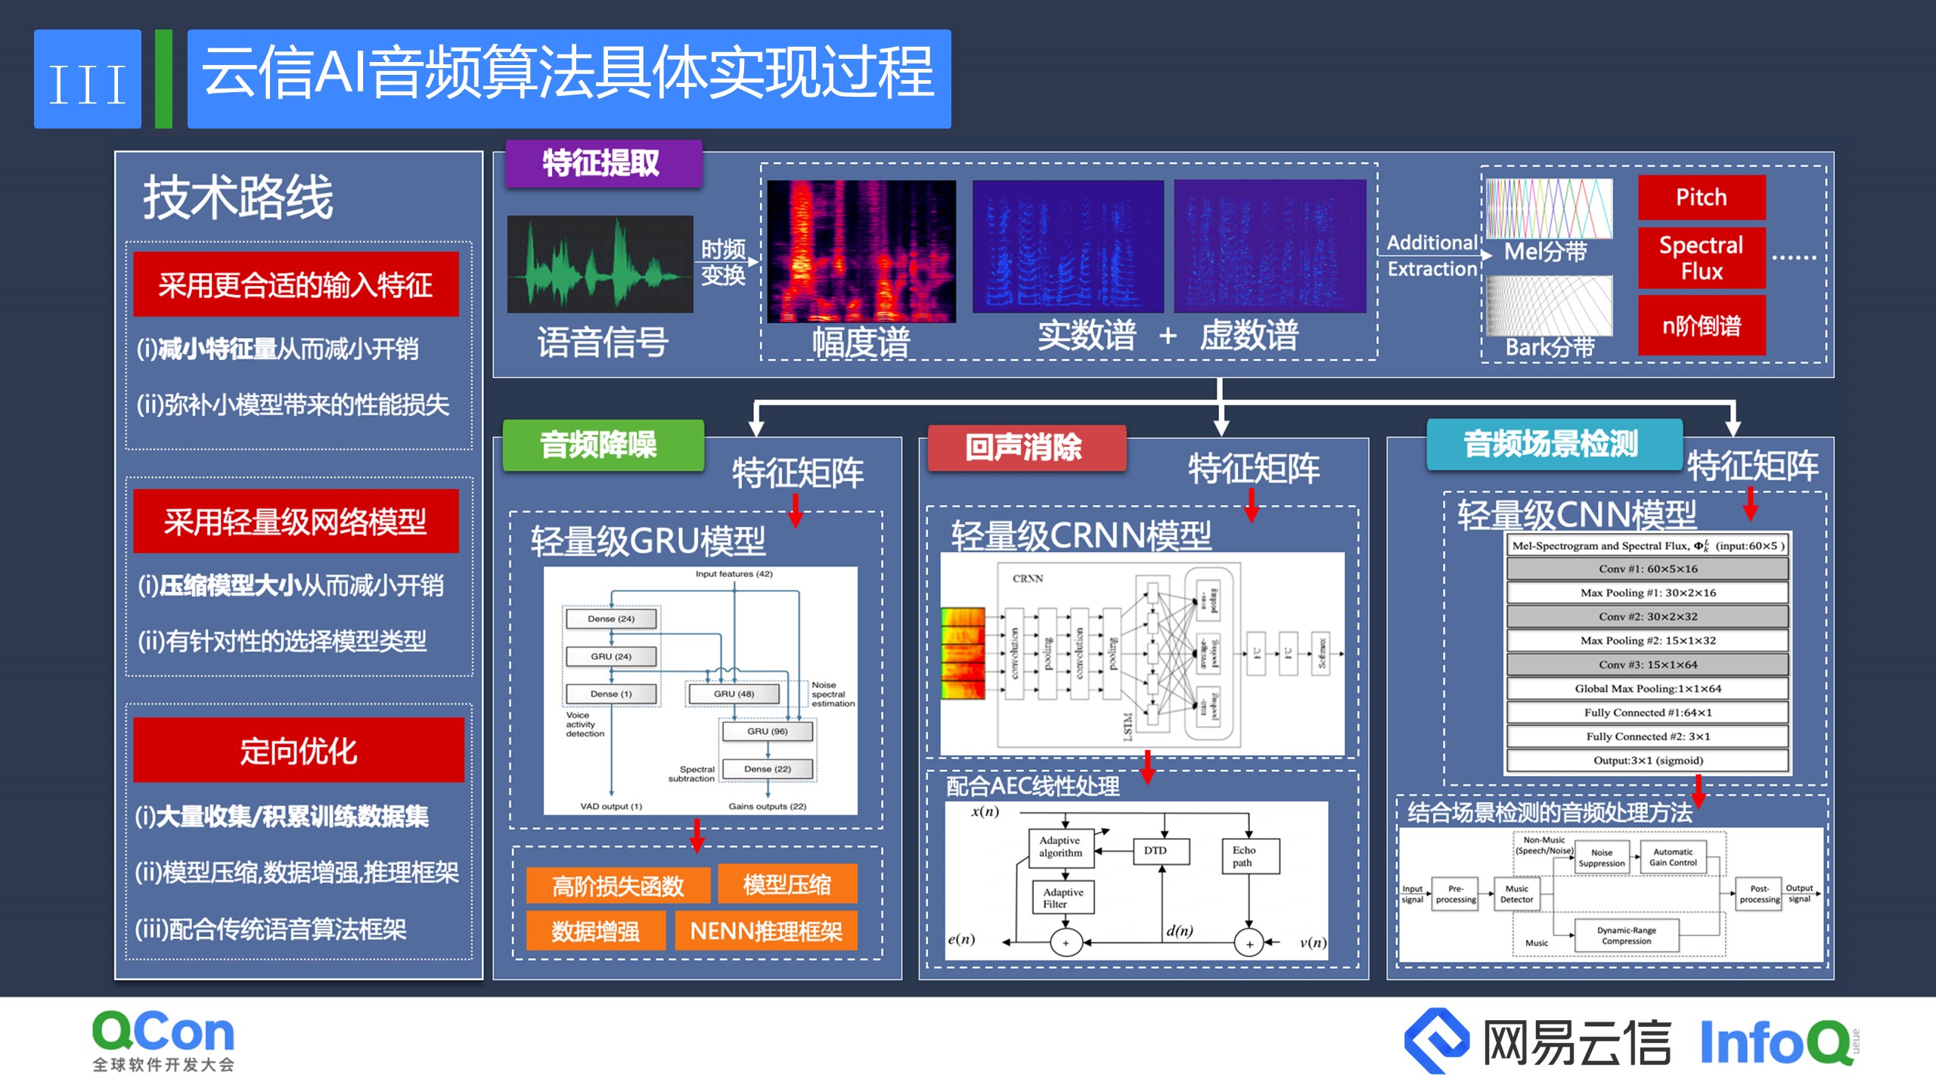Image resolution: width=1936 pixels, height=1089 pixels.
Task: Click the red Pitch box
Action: pos(1701,197)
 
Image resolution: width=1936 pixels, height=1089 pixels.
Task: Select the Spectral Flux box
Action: pos(1701,258)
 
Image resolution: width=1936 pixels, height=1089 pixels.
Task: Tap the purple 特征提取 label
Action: pos(602,163)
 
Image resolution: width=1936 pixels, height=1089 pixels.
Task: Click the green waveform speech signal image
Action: pos(600,264)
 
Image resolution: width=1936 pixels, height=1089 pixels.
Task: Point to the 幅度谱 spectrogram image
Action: pos(861,251)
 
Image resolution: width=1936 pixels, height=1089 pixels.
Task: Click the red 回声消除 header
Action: pos(1025,447)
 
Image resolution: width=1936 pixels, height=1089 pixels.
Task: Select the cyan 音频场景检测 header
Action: pos(1553,444)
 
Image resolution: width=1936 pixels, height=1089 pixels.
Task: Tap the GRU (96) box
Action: pos(767,731)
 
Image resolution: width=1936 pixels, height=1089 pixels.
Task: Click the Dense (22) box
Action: pos(767,769)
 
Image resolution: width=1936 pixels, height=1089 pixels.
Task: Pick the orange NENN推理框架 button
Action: pos(766,931)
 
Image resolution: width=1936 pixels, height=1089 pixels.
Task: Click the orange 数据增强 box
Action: pos(595,931)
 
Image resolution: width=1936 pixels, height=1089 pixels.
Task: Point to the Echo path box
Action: pos(1249,856)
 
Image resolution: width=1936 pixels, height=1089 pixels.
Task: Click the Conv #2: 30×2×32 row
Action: pos(1647,616)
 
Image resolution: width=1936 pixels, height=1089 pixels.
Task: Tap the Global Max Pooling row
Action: pos(1647,688)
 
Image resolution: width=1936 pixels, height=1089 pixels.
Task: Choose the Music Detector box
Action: pos(1517,894)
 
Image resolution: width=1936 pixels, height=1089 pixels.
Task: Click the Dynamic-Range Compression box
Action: pos(1626,935)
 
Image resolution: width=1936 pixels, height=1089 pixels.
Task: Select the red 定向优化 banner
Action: pos(298,751)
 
